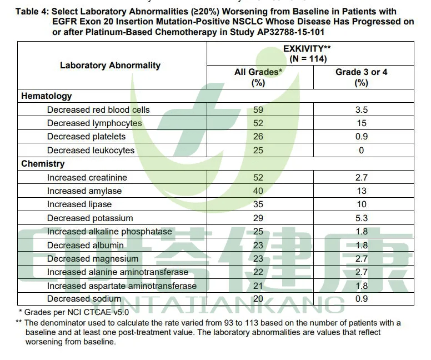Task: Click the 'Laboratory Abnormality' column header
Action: pos(110,66)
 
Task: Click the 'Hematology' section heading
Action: pos(47,96)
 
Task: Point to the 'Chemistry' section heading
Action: pos(43,164)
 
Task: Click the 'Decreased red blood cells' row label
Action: pos(98,110)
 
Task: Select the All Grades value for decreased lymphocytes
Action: pos(258,123)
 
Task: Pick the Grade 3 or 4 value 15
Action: pos(362,123)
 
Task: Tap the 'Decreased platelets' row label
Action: pos(86,137)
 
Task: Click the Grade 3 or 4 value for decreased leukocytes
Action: pos(362,151)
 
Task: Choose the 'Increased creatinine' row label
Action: pos(87,178)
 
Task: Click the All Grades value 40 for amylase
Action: pos(258,191)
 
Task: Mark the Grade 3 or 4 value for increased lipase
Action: pos(362,204)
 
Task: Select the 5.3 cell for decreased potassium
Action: pos(362,218)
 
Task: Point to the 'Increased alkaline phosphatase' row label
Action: pos(109,232)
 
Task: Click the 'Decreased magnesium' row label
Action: pos(93,259)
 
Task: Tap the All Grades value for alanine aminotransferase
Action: pos(258,272)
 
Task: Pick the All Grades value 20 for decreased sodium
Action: pos(258,299)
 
